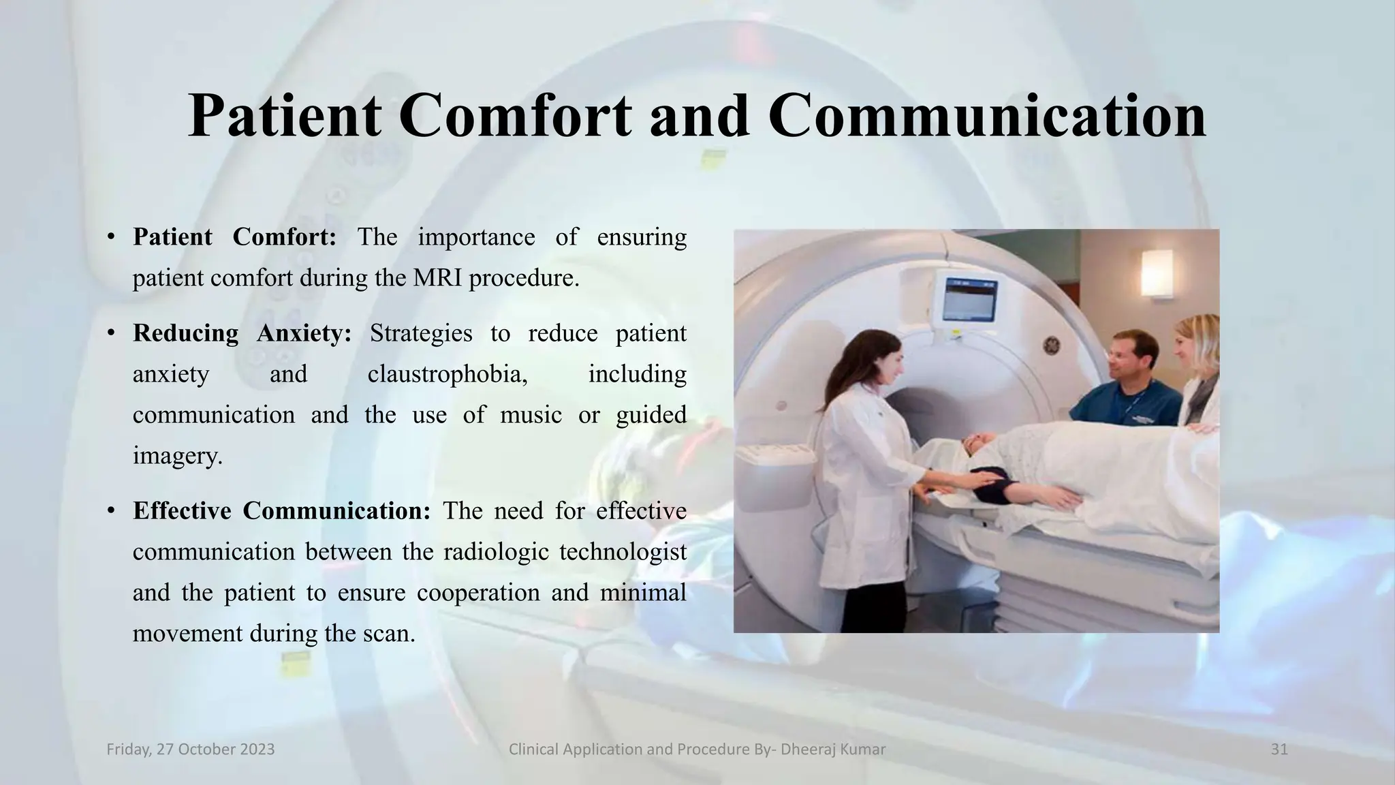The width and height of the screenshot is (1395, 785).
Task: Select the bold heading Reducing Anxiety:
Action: (x=242, y=333)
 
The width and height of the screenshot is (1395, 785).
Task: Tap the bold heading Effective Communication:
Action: (x=281, y=510)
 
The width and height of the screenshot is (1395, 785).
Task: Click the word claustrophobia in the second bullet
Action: (x=447, y=374)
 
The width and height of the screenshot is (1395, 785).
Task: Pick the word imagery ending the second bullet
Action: (x=176, y=456)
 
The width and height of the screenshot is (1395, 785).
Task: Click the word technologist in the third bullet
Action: (x=623, y=551)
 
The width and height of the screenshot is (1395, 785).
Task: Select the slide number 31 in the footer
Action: (x=1279, y=750)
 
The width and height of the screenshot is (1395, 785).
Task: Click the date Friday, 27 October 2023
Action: (x=191, y=750)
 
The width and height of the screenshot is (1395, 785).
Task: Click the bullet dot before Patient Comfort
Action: (x=110, y=238)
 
